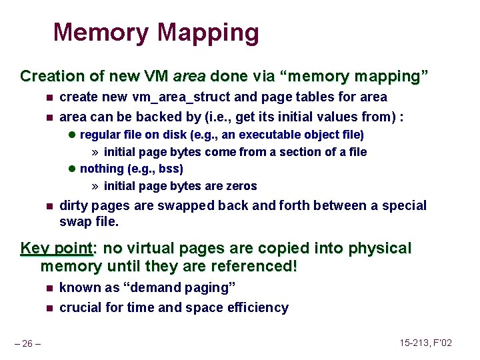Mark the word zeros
tap(241, 186)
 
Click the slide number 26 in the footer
tap(29, 343)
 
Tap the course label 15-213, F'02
tap(426, 343)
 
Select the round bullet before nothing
tap(72, 169)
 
